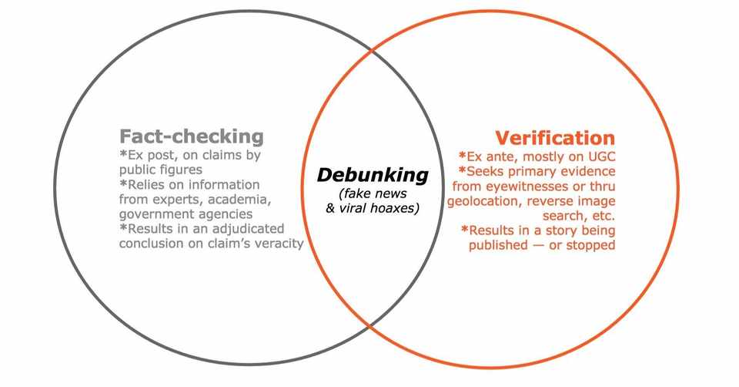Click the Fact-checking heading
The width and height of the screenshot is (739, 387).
tap(191, 136)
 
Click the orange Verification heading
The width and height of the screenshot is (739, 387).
tap(555, 138)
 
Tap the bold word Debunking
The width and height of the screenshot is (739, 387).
tap(373, 175)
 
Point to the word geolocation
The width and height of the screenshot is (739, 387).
tap(483, 200)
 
